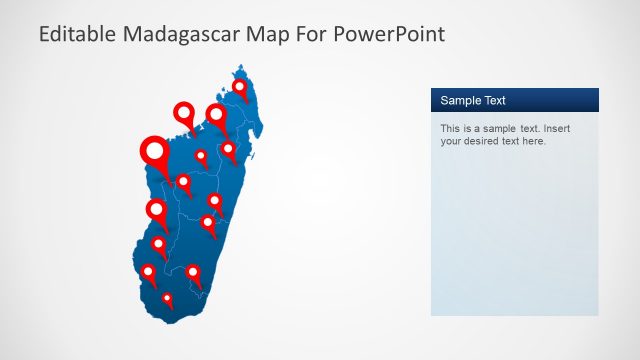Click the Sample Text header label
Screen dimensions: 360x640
click(473, 100)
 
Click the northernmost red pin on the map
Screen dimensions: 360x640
click(240, 88)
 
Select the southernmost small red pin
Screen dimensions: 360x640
click(167, 297)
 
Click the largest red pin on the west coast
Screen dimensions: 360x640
click(154, 152)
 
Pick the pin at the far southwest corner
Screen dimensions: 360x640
click(148, 271)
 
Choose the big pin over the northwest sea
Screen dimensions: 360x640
click(183, 113)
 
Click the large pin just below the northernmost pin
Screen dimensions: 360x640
click(216, 115)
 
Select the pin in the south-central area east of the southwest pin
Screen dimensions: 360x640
click(192, 272)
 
